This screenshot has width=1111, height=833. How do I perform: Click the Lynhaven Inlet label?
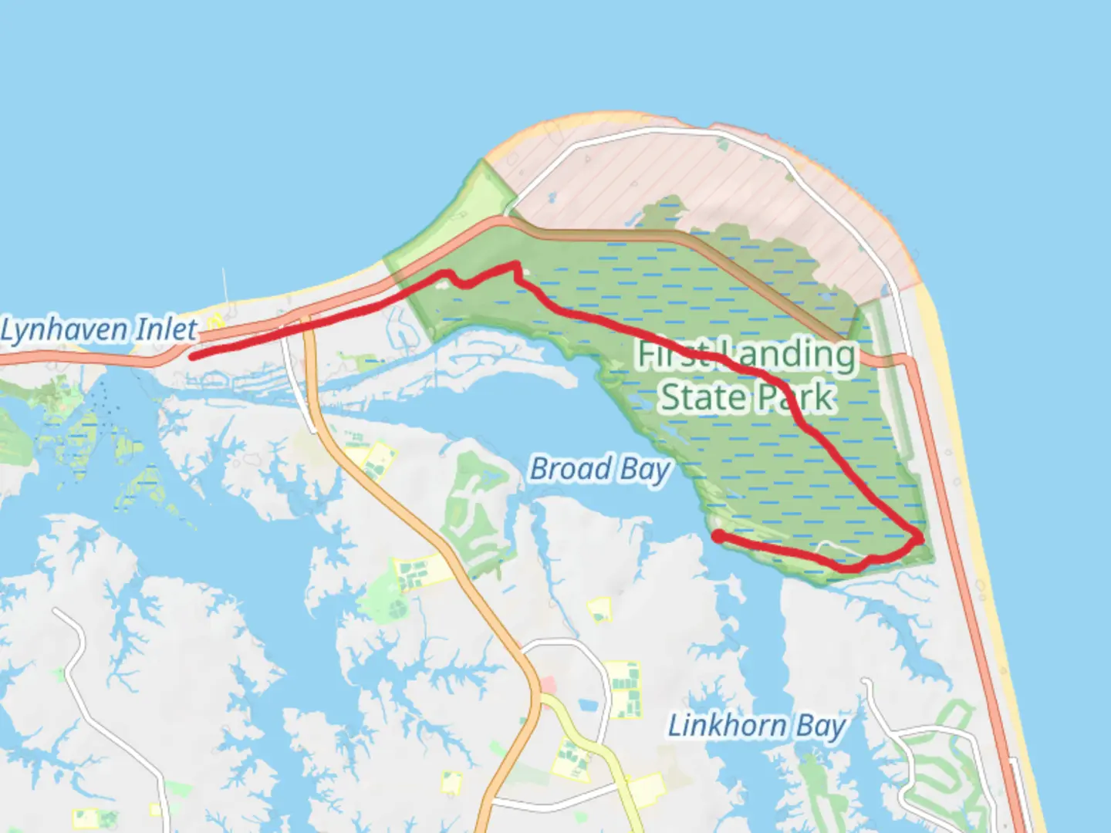click(98, 330)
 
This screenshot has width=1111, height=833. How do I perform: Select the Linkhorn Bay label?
click(756, 727)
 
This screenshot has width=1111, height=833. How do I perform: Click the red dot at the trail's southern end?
click(718, 536)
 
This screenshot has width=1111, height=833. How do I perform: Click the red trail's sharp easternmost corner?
click(920, 538)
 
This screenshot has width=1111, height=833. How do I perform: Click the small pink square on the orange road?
click(548, 684)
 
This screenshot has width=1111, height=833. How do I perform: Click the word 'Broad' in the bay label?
click(570, 469)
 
